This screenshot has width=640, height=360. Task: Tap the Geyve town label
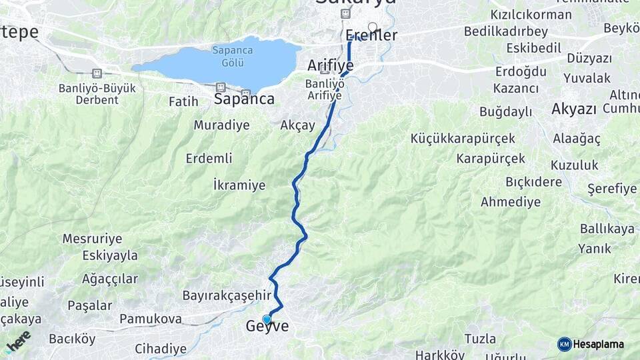coord(268,327)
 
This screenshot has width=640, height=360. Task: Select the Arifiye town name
coord(330,65)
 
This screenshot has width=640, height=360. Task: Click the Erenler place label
coord(371,36)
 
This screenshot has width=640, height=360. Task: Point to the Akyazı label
coord(573,109)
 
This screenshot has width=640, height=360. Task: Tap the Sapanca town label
coord(244,99)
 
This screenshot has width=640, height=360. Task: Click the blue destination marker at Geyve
coord(267,319)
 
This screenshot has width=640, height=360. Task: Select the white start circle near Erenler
coord(372,27)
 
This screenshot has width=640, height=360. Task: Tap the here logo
coord(18,341)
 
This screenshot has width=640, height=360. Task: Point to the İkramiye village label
coord(239,185)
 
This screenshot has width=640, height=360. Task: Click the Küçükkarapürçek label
coord(463,139)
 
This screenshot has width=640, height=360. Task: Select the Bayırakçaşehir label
coord(227,295)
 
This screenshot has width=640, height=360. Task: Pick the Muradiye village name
coord(221,125)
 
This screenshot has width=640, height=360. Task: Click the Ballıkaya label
coord(607,229)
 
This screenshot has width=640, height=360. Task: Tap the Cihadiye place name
coord(161,348)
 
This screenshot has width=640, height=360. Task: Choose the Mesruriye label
coord(92,239)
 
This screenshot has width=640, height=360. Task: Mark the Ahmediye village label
coord(511,201)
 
